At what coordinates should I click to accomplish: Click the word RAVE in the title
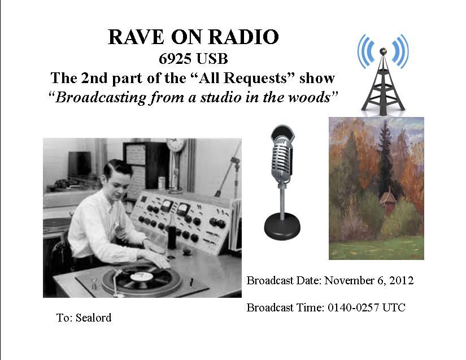(x=136, y=37)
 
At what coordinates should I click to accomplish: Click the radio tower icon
(x=383, y=75)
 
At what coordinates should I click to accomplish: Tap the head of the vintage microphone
(x=282, y=155)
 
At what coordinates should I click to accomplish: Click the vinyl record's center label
(x=142, y=276)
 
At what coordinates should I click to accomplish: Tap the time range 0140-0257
(x=354, y=307)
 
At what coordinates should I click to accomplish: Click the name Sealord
(x=93, y=318)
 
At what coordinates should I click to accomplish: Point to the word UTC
(x=394, y=307)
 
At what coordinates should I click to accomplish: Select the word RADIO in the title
(x=243, y=37)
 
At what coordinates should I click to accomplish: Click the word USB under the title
(x=212, y=59)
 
